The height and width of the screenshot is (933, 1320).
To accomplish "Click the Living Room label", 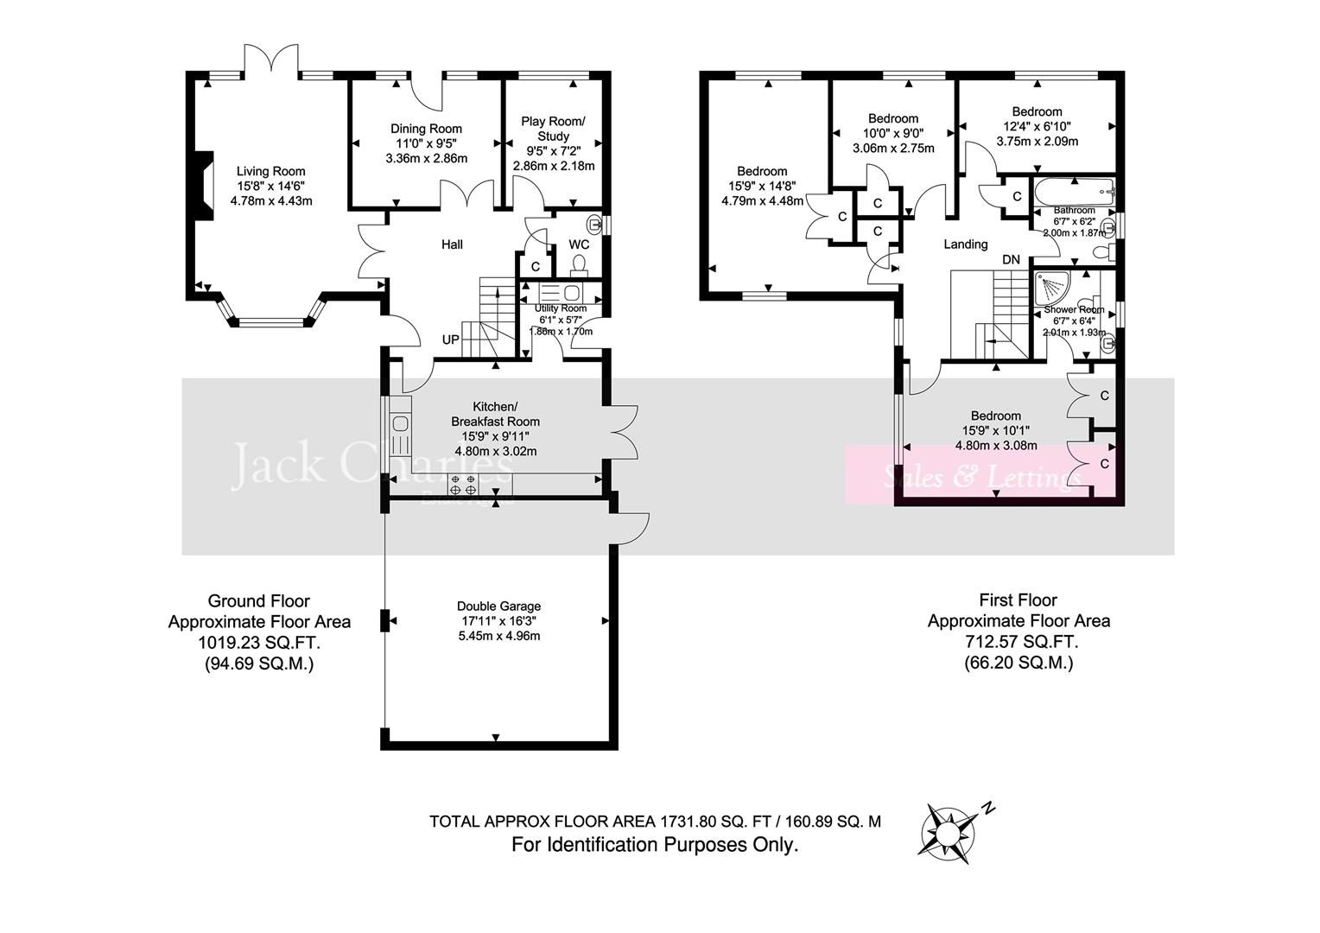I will point(271,171).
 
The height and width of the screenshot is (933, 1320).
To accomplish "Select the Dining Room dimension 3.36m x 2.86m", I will point(426,159).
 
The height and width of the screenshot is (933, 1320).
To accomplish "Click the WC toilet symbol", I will point(579,263).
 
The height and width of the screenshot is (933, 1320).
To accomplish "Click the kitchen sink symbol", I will point(400,424).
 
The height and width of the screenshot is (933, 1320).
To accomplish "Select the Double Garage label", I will point(498,606).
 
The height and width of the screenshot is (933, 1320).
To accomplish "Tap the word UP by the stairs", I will point(450,340).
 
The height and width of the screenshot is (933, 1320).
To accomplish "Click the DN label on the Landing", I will point(1011,259).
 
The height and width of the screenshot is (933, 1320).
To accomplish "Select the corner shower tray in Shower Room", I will point(1055,288).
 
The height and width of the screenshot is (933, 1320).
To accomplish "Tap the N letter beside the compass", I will point(988,809).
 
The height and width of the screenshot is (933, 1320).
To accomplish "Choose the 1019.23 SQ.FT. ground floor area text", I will point(259,643).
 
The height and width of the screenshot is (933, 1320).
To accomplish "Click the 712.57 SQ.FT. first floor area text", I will point(1019,643).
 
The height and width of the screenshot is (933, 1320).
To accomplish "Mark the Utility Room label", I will point(560,308).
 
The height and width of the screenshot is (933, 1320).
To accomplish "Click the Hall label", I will point(452,244).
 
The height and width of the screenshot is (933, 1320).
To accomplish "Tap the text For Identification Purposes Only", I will point(655,845).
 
